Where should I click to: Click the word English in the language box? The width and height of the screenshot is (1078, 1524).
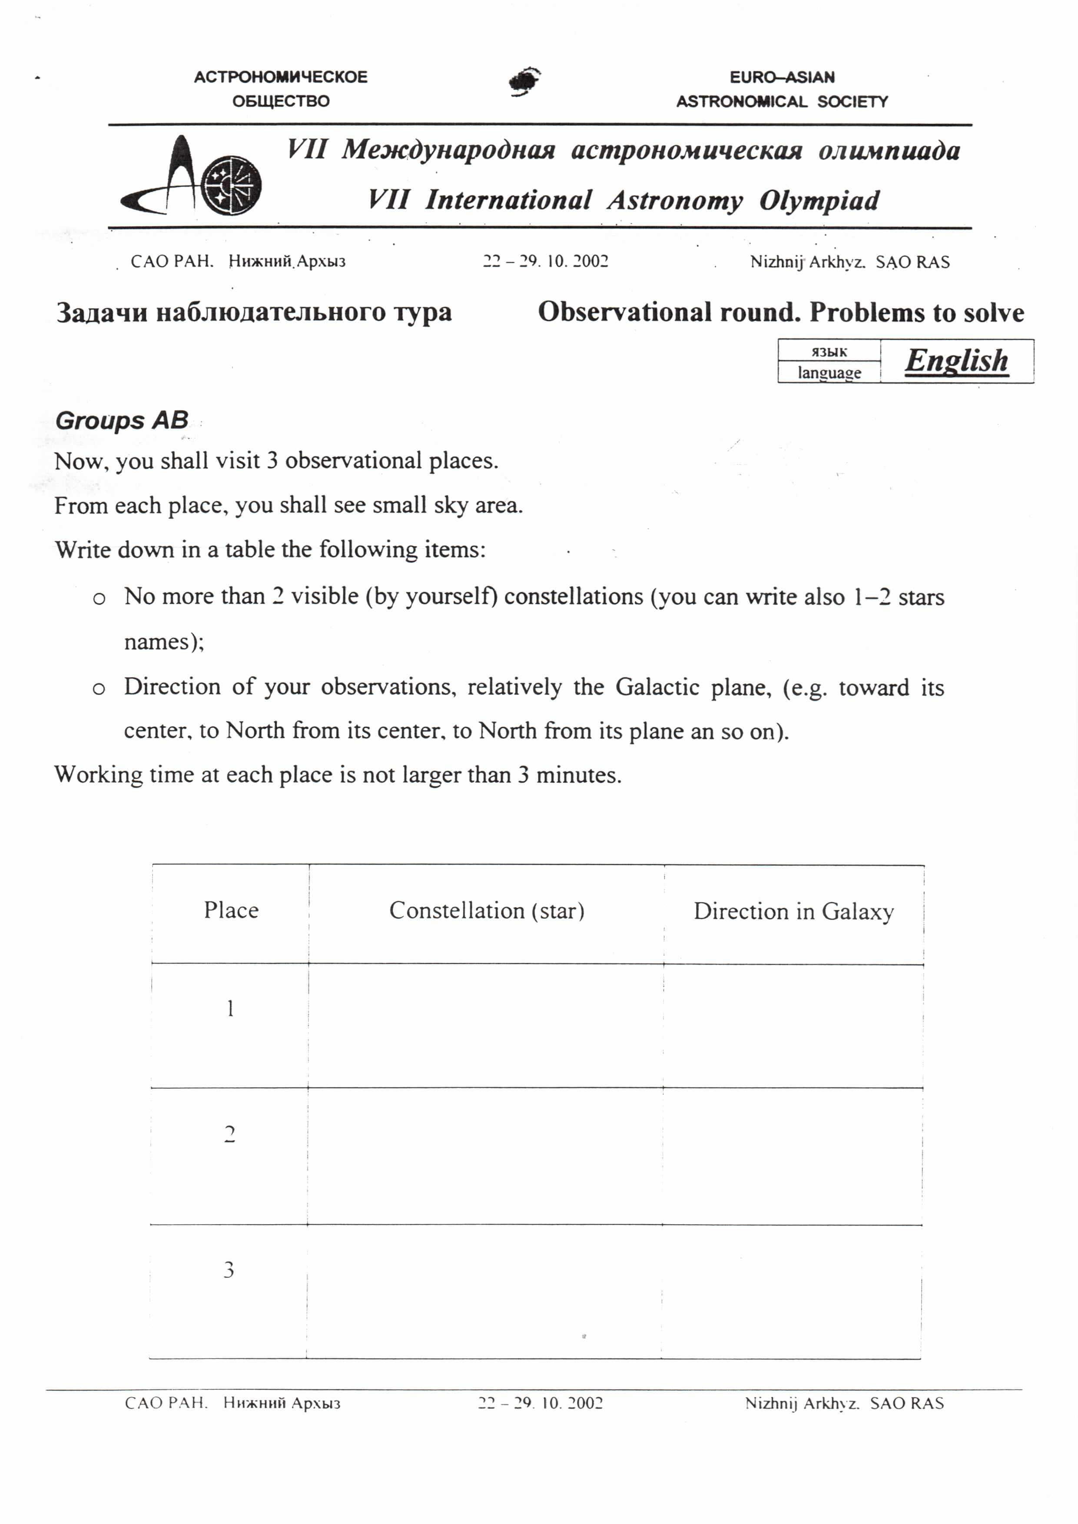coord(956,361)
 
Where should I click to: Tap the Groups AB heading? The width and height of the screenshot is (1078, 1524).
coord(122,420)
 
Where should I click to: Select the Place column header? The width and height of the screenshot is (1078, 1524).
coord(231,910)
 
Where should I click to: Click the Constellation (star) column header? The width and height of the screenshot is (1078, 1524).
coord(487,911)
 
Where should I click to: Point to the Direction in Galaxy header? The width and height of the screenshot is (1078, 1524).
coord(793,911)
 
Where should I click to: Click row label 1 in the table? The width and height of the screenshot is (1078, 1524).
coord(230,1009)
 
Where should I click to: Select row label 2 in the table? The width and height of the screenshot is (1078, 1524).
coord(230,1134)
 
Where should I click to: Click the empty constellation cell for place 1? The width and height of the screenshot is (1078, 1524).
coord(486,1026)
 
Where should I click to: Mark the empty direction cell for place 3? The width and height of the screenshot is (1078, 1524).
coord(791,1291)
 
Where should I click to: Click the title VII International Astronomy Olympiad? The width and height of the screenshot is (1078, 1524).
coord(624,200)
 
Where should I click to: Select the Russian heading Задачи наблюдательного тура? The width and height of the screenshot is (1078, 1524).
coord(254,312)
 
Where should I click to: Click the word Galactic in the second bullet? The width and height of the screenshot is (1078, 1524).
coord(657,686)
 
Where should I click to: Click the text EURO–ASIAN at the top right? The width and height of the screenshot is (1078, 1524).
coord(782,77)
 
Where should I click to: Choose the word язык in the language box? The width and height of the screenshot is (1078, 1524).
coord(829,351)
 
